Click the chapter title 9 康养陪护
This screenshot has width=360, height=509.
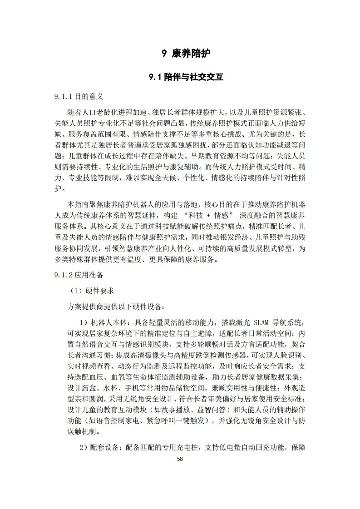186,54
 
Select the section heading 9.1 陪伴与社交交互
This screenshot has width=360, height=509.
186,77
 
